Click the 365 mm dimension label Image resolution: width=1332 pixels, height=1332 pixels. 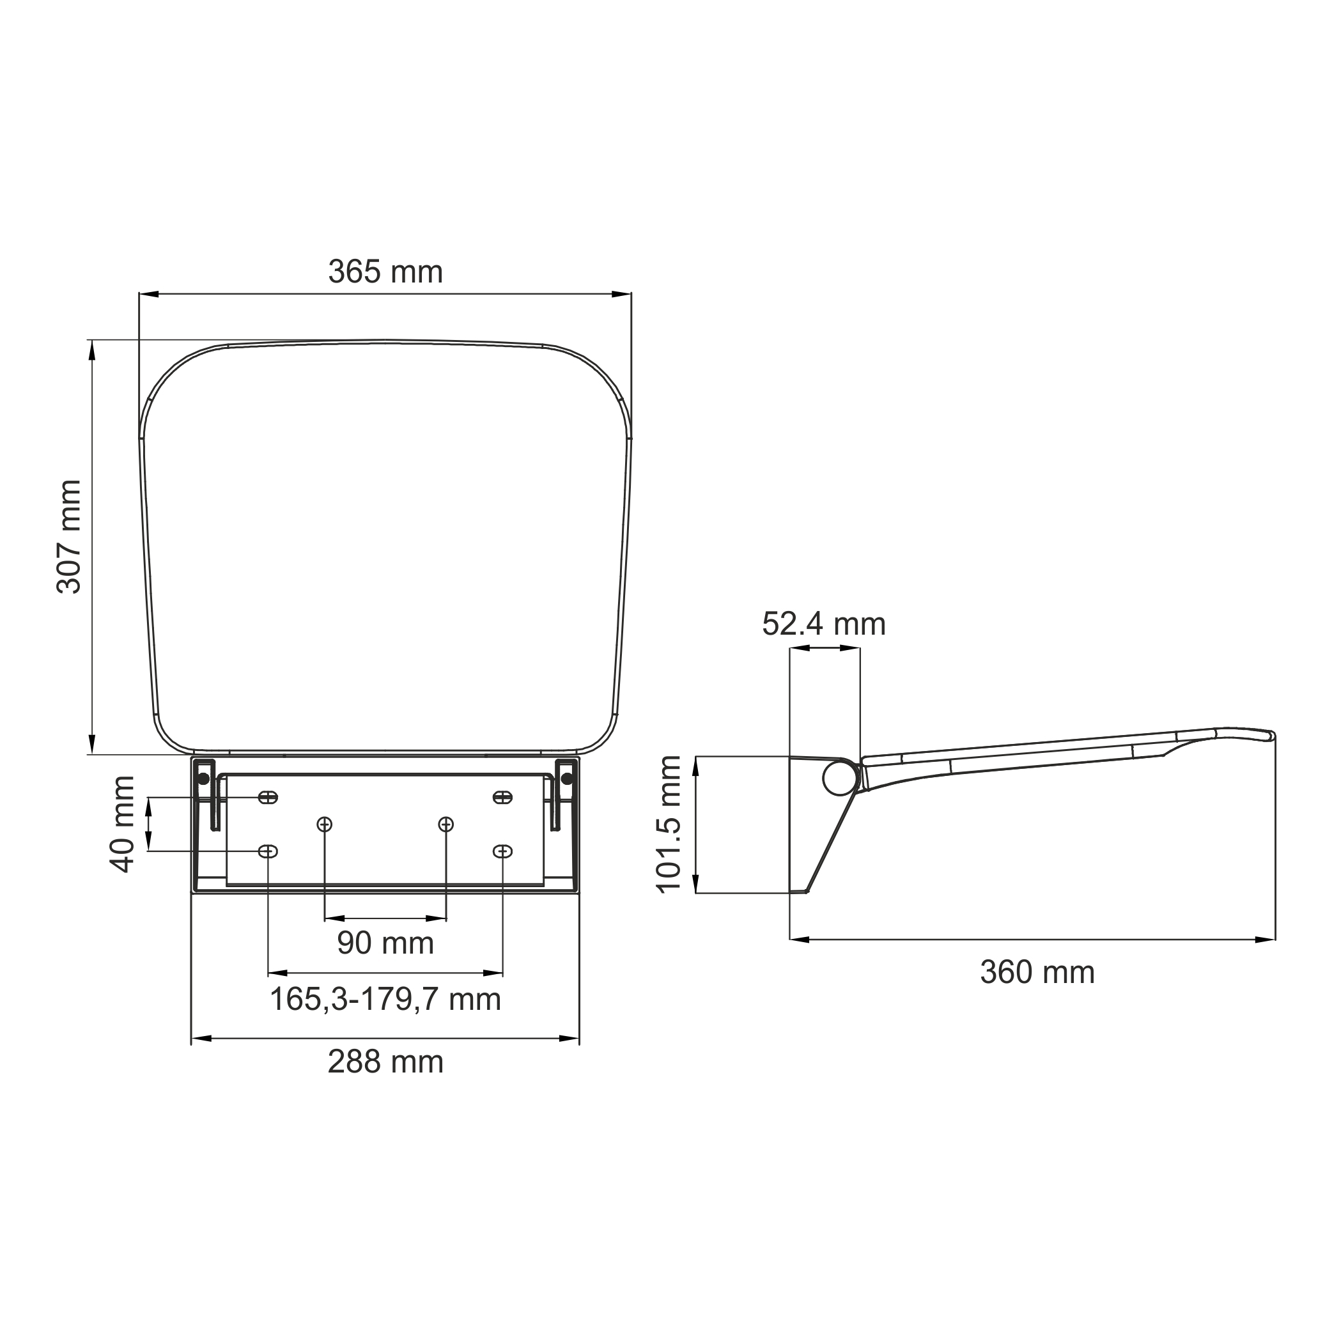pos(385,272)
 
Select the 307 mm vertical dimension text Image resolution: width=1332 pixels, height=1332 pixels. pos(69,537)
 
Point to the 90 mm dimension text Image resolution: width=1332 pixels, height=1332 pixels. pos(385,943)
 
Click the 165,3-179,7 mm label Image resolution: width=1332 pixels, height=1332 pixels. pos(385,999)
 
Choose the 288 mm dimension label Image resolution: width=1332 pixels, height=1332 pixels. pos(385,1062)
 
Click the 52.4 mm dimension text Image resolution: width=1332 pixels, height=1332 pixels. pos(824,624)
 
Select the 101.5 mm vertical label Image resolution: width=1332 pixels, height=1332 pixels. pos(668,825)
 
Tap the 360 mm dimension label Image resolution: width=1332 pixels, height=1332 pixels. pos(1037,973)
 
